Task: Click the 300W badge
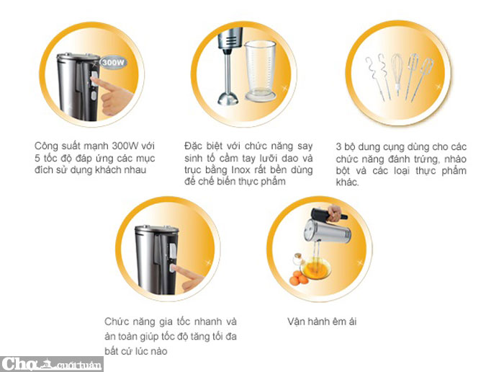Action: [x=113, y=63]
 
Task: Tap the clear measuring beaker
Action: [x=261, y=71]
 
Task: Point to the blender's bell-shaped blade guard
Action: [x=228, y=98]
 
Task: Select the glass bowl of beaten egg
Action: [x=315, y=267]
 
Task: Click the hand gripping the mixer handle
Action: [x=334, y=213]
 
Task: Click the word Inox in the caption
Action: [x=240, y=169]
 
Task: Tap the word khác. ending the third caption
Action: [x=347, y=182]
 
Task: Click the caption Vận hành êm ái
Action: [x=322, y=322]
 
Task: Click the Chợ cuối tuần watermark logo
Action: [x=51, y=364]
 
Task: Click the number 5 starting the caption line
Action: [x=37, y=159]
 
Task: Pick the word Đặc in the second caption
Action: [x=193, y=146]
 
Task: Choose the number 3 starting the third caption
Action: [x=338, y=147]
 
